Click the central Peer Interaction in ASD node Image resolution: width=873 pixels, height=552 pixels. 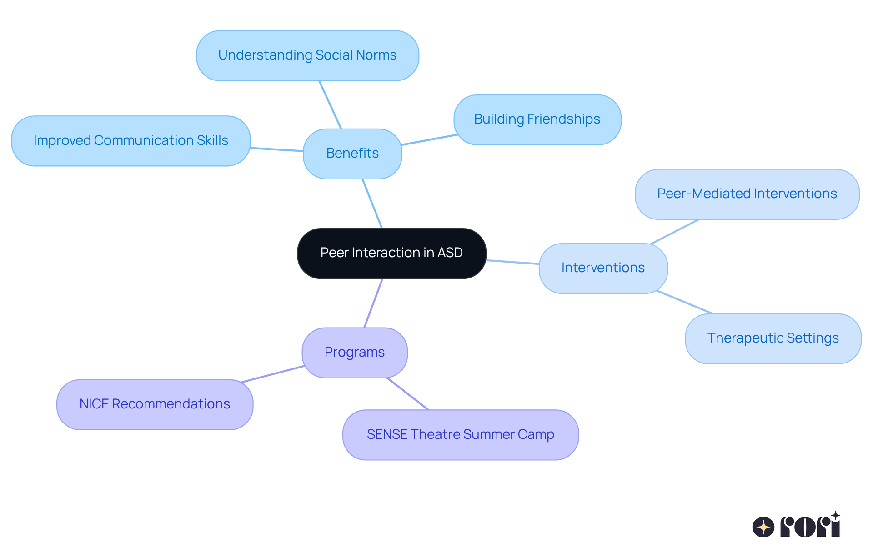click(391, 253)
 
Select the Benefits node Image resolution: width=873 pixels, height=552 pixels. click(352, 154)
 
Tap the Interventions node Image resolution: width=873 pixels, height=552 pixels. click(603, 268)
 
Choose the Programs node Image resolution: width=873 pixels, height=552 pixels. click(355, 353)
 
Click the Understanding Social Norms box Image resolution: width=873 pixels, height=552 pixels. click(307, 55)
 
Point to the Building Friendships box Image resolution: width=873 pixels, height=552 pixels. click(537, 119)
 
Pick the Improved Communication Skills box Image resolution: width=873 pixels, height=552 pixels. click(131, 141)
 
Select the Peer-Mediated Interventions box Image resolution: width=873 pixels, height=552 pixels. click(747, 194)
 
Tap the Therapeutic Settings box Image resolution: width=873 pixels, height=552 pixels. click(773, 338)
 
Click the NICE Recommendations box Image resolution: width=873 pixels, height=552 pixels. click(155, 404)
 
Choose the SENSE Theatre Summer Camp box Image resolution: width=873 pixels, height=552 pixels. click(460, 435)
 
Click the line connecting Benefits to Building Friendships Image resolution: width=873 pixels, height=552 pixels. click(429, 140)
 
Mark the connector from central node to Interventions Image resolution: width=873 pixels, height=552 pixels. click(512, 262)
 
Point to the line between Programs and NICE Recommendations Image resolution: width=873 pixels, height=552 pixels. click(273, 374)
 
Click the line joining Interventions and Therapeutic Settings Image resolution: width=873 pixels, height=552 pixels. click(685, 302)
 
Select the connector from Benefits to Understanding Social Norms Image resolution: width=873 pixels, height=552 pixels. click(330, 105)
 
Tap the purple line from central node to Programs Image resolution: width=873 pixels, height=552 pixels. click(373, 303)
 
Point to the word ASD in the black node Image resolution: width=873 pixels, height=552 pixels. click(450, 253)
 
